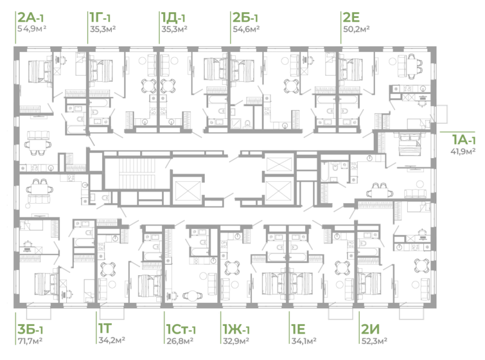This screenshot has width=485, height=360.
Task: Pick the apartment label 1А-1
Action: tap(463, 139)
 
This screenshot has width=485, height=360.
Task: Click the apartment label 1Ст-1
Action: tap(181, 328)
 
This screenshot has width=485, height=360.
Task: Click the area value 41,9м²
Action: tap(463, 151)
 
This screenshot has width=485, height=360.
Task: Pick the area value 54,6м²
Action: tap(246, 29)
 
